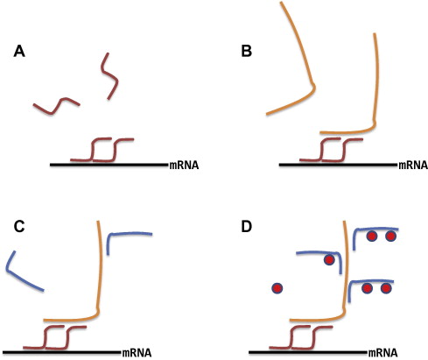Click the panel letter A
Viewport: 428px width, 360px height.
coord(19,52)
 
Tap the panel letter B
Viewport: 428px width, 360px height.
coord(247,52)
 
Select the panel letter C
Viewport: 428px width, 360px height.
coord(19,227)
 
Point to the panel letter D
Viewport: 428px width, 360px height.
coord(247,227)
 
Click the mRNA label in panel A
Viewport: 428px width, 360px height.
coord(184,166)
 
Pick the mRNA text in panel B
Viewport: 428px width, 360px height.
coord(413,166)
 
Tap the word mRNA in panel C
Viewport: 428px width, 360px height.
coord(137,353)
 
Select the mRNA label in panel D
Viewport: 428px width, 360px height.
coord(383,353)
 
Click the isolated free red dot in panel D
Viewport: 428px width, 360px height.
coord(277,288)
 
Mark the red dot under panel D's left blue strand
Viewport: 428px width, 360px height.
coord(329,260)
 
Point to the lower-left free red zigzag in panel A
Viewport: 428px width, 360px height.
coord(56,105)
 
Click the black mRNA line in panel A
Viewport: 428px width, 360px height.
coord(109,165)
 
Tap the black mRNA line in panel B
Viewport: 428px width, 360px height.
coord(337,165)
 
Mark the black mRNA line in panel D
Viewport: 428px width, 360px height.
coord(307,353)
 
